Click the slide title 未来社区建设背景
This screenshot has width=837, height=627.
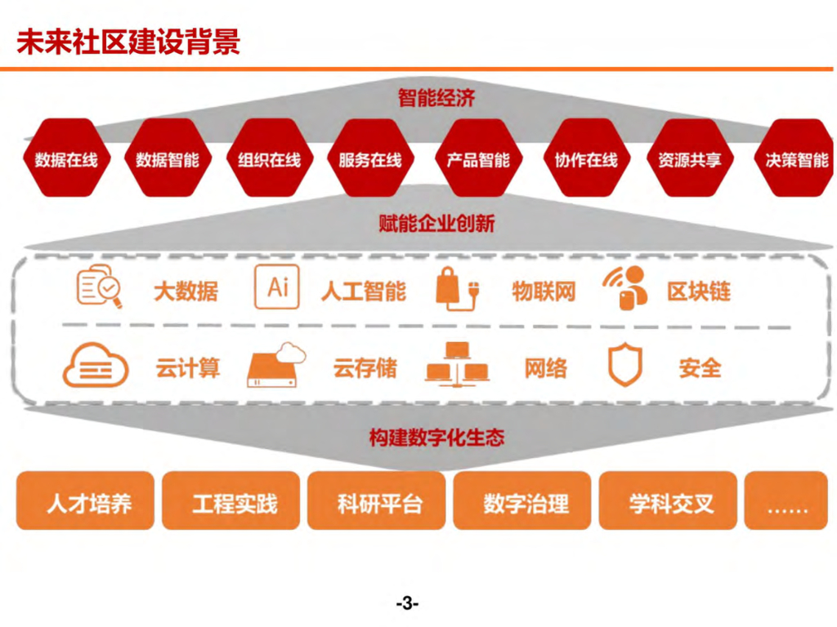(128, 40)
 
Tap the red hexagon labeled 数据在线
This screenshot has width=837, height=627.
(66, 158)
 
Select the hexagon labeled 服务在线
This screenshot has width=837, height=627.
(370, 158)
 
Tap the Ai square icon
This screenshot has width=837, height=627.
(277, 287)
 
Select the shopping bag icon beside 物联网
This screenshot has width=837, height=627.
(456, 288)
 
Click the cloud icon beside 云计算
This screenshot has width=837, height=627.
(96, 365)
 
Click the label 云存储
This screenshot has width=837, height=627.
(365, 367)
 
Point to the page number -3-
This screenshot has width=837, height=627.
(406, 604)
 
